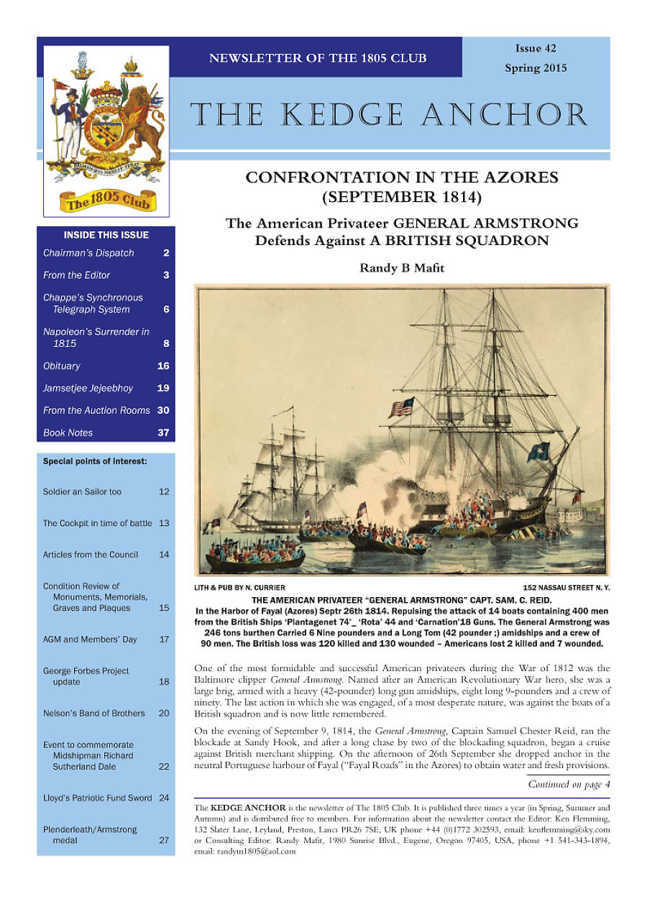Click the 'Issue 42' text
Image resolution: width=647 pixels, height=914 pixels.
click(535, 49)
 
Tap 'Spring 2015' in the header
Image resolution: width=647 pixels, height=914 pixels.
click(535, 68)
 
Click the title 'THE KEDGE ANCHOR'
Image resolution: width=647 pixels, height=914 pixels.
click(389, 115)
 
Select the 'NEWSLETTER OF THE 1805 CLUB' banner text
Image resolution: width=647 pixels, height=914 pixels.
click(317, 58)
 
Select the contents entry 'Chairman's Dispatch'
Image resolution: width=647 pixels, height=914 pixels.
click(88, 253)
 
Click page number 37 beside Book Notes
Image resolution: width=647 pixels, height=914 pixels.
click(163, 433)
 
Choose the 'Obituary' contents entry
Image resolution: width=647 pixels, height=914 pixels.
click(62, 366)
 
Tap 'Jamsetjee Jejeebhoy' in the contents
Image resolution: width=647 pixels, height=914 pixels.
click(88, 388)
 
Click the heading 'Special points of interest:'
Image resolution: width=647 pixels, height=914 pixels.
click(95, 461)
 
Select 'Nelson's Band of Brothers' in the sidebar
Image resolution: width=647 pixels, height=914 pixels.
click(93, 714)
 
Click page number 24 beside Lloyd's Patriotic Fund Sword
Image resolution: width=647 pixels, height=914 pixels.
click(164, 798)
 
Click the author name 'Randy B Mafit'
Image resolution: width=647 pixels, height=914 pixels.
click(401, 268)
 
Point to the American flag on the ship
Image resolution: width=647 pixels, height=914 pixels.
click(401, 408)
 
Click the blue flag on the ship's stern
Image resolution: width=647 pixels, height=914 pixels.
click(538, 452)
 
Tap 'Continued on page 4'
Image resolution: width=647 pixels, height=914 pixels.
click(569, 784)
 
